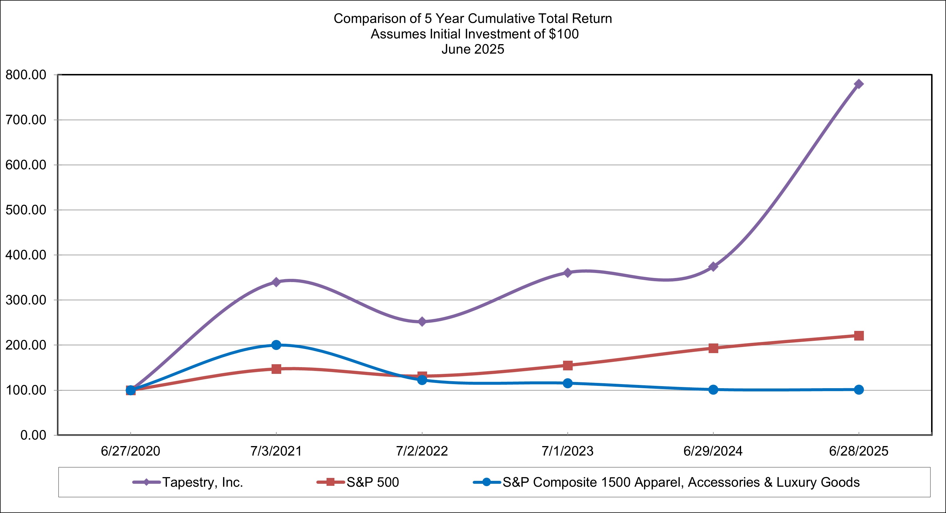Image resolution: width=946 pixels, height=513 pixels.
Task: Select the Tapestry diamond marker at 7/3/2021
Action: click(x=276, y=282)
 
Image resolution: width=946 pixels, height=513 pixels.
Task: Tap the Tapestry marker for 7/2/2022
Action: click(x=422, y=322)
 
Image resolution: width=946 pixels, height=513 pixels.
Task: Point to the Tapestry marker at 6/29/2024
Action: click(x=713, y=266)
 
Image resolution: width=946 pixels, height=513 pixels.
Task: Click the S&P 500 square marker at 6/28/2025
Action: click(x=859, y=336)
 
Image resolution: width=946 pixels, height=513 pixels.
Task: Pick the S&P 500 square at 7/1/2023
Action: click(x=568, y=365)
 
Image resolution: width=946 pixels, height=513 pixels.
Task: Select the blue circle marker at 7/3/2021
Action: click(x=276, y=345)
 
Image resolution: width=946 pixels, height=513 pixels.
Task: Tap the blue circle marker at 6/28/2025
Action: click(x=859, y=390)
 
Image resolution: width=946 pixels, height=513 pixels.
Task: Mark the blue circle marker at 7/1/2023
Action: click(x=568, y=384)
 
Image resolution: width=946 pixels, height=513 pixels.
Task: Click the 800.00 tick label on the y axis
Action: click(x=26, y=75)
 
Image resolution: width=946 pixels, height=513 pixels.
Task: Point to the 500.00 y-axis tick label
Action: click(x=26, y=210)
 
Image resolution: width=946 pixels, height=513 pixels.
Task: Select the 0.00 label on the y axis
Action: click(x=33, y=436)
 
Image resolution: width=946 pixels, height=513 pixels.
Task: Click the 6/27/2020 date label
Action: click(x=130, y=451)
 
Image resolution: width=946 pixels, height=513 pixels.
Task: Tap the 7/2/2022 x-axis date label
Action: click(x=422, y=451)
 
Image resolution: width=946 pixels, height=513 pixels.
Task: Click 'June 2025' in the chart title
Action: click(x=473, y=49)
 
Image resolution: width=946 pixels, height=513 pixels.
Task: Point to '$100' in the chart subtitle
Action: click(x=564, y=34)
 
